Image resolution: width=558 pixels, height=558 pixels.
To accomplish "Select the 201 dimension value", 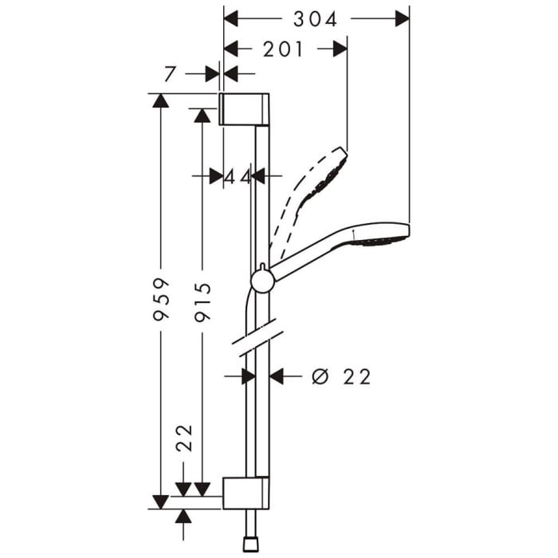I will point(283,49).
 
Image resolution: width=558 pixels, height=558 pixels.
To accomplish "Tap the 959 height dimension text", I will point(161,299).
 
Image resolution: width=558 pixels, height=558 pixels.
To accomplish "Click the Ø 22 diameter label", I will point(342,376).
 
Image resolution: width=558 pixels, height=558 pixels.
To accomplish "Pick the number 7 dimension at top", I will point(170,74).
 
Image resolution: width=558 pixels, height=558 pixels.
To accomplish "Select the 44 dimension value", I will point(237,177).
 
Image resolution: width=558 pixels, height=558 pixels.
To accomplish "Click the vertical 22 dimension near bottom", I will point(184,438).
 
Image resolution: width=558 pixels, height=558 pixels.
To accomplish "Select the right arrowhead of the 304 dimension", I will point(403,18).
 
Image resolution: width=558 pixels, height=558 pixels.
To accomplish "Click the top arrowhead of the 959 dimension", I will point(161,100).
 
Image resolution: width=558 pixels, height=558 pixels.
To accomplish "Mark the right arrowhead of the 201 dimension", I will point(340,49).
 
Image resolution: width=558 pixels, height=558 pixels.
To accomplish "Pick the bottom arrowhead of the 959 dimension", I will point(161,501).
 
